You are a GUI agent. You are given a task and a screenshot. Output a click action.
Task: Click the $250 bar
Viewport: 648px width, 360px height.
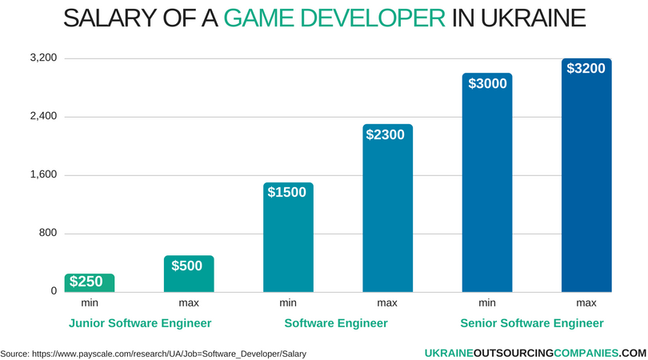tap(90, 282)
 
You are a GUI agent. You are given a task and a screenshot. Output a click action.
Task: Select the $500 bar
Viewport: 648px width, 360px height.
tap(189, 274)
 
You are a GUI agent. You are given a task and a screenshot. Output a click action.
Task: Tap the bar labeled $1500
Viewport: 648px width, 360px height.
tap(288, 238)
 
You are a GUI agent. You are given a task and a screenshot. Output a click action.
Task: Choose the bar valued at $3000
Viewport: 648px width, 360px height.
tap(487, 182)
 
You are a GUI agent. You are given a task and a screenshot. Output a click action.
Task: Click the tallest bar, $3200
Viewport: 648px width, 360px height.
tap(586, 175)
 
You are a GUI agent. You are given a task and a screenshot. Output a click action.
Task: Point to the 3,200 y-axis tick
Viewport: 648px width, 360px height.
tap(44, 58)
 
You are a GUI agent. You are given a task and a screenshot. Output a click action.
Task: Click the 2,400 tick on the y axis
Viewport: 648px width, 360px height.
tap(44, 117)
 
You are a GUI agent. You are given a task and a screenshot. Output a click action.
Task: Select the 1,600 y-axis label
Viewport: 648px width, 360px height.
tap(44, 175)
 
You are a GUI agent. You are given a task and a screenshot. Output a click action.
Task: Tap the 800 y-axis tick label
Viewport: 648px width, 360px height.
tap(49, 234)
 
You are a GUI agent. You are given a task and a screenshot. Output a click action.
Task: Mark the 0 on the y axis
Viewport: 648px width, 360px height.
tap(54, 291)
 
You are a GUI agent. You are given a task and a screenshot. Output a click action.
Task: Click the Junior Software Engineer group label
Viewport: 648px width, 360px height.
tap(140, 323)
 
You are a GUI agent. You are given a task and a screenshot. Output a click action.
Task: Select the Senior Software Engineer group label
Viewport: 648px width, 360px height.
tap(532, 323)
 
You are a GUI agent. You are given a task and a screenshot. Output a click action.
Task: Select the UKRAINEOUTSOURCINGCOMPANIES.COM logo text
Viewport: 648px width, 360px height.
tap(535, 352)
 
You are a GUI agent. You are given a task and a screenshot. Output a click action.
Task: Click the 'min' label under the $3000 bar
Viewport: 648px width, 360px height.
tap(487, 303)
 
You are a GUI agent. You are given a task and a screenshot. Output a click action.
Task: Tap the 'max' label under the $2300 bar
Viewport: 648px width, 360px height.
tap(387, 303)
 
